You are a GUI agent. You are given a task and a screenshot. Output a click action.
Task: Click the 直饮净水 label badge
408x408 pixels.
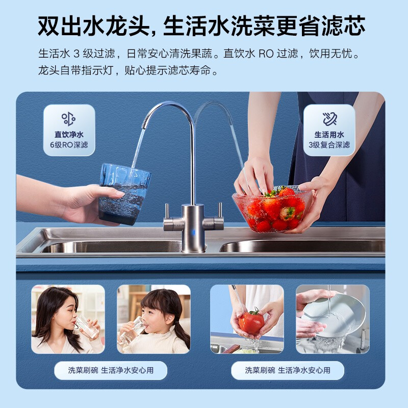click(x=69, y=130)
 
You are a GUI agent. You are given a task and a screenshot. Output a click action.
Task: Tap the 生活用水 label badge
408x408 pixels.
click(x=329, y=130)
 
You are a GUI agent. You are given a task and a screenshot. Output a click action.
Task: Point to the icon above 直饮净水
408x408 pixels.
click(x=69, y=118)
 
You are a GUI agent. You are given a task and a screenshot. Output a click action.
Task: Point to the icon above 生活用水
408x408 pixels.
click(x=329, y=118)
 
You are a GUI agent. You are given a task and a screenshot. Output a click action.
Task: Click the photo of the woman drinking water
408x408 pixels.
click(x=68, y=319)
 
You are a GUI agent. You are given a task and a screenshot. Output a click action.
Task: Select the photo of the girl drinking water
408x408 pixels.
click(x=154, y=319)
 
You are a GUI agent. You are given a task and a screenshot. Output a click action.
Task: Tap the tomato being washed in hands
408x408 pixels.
click(x=251, y=322)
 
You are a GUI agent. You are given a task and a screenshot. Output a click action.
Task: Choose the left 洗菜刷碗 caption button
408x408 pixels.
click(x=111, y=370)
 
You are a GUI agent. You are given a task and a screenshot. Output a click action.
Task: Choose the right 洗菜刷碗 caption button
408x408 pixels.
click(x=287, y=370)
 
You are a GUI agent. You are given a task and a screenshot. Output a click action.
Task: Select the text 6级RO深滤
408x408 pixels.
click(x=69, y=145)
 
